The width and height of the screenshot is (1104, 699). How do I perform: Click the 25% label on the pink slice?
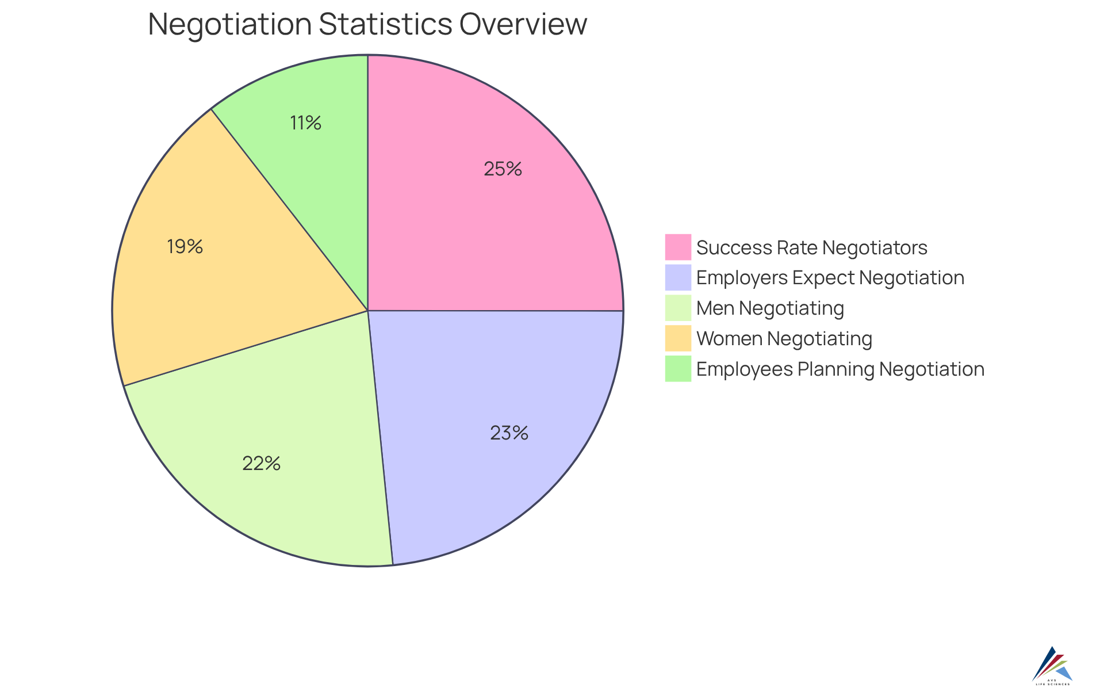coord(503,169)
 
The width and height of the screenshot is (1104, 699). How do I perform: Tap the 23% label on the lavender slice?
coord(509,433)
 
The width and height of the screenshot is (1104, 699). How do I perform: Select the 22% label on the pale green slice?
coord(261,464)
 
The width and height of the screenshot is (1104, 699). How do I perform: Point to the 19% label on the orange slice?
coord(185,247)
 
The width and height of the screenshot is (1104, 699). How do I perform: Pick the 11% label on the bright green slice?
coord(305,123)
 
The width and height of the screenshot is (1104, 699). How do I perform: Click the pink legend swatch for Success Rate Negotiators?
coord(678,247)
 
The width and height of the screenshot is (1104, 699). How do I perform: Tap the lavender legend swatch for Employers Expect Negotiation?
coord(678,277)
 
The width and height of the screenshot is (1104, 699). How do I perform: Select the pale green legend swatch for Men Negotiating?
coord(678,308)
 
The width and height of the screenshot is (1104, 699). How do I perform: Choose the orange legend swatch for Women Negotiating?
coord(678,338)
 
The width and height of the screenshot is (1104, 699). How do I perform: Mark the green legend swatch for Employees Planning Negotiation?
coord(678,369)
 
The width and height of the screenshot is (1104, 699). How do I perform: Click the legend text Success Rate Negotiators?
coord(811,247)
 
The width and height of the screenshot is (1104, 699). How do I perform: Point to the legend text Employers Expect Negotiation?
coord(830,277)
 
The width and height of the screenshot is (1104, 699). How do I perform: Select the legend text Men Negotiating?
coord(770,308)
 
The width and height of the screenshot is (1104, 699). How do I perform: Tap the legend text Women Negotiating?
coord(784,338)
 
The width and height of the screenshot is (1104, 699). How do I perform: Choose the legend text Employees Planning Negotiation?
coord(840,369)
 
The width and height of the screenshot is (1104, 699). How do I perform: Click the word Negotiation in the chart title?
coord(230,25)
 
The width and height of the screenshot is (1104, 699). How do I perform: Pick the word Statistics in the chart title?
coord(385,25)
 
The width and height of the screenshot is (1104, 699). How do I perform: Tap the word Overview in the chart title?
coord(523,25)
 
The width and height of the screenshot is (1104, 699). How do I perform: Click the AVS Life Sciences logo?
coord(1052,667)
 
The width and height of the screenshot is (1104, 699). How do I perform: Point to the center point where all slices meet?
coord(368,311)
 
